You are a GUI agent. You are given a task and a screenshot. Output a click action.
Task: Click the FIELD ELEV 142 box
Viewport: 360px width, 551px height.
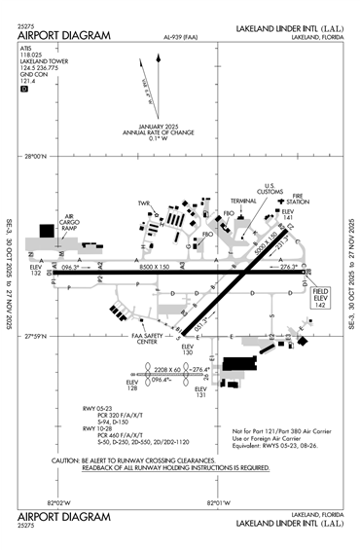[x=321, y=297]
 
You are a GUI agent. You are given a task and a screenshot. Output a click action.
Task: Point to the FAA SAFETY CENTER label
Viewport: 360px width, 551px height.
[x=147, y=340]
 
